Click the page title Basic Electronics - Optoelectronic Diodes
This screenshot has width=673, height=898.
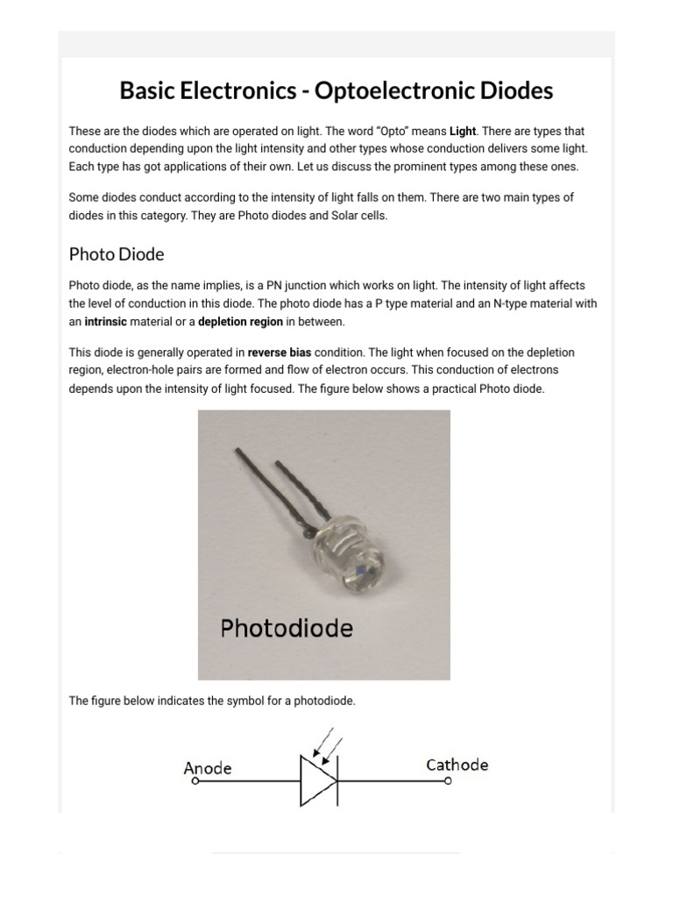point(336,90)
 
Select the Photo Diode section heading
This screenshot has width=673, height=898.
point(117,254)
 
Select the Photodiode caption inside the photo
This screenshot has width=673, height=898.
point(287,628)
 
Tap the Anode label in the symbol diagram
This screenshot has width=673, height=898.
point(208,768)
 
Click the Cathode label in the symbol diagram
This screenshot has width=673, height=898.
point(457,765)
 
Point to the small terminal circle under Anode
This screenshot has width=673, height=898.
point(195,780)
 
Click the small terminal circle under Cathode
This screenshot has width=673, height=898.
point(449,780)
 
